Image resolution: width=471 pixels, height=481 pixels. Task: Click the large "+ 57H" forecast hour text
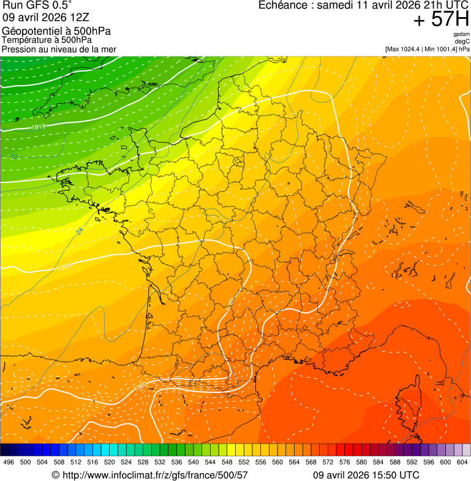tap(440, 20)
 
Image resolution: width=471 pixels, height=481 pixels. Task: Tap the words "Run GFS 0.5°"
tap(37, 6)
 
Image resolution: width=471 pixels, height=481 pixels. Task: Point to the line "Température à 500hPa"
tap(50, 40)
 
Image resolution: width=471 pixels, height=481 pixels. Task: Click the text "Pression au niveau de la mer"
tap(59, 49)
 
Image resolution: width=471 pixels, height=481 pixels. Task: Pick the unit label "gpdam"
tap(461, 34)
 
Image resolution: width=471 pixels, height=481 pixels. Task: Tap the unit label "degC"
tap(463, 41)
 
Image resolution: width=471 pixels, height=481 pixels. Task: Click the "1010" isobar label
tap(39, 127)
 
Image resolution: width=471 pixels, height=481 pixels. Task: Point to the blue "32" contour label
tap(13, 157)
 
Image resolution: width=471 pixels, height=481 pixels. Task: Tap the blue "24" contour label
tap(80, 231)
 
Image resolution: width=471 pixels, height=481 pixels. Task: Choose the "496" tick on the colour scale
tap(9, 462)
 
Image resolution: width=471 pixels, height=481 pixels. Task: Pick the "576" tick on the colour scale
tap(344, 462)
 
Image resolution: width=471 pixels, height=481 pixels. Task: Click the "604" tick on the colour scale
tap(462, 462)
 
